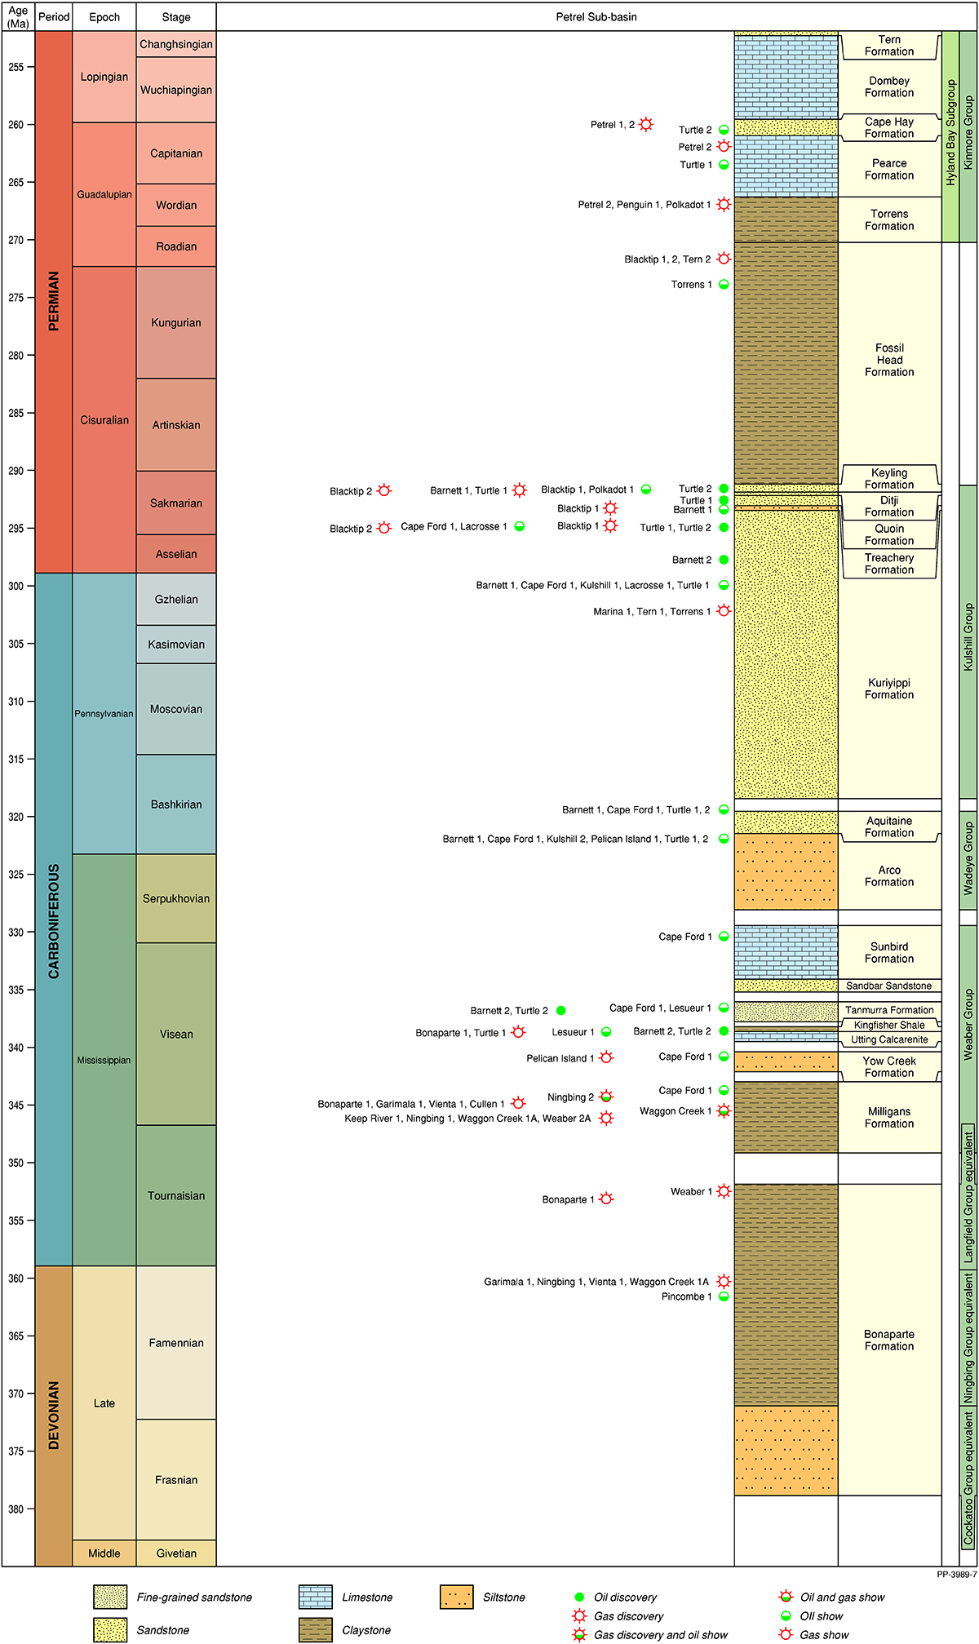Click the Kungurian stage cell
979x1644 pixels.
[x=176, y=323]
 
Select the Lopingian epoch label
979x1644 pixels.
[x=104, y=78]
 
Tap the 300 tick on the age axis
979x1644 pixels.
[x=17, y=586]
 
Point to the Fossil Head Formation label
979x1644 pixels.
[x=889, y=360]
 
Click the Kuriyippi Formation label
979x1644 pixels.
[x=889, y=689]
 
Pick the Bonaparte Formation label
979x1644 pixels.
[x=889, y=1340]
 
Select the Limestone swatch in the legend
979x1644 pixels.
[x=315, y=1597]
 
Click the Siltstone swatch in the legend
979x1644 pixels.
[x=456, y=1597]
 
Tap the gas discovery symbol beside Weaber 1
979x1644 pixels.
[x=724, y=1191]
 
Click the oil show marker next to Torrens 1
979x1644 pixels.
[x=724, y=285]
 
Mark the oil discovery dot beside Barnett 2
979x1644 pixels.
[x=724, y=560]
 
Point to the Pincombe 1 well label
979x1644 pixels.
[x=686, y=1296]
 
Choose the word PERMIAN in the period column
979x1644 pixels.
[x=54, y=301]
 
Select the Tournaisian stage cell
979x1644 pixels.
[x=176, y=1196]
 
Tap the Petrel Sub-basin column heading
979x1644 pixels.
[x=596, y=17]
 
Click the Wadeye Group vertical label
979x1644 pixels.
[x=968, y=858]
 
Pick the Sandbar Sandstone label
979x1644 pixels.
[x=888, y=986]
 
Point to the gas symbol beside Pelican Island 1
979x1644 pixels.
[x=606, y=1057]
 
